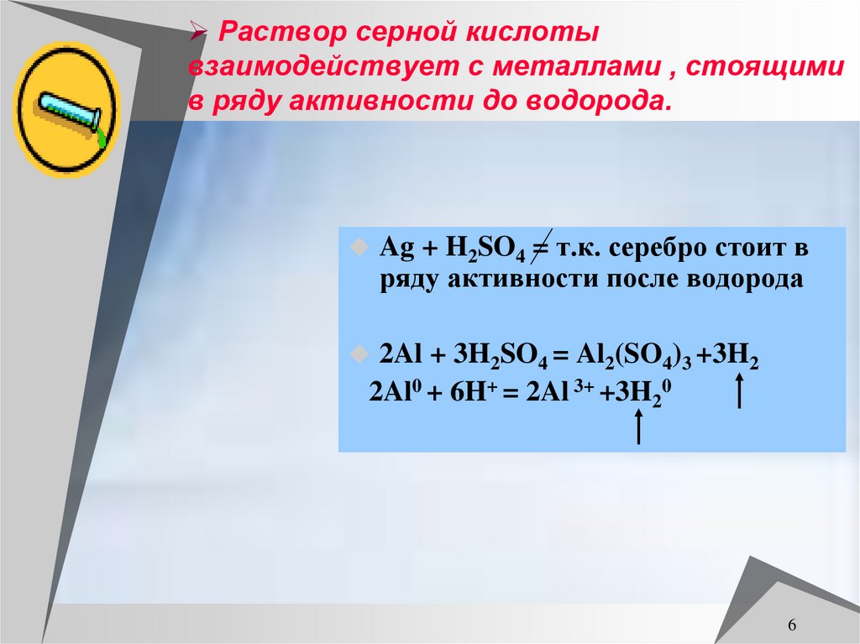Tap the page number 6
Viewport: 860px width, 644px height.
[792, 626]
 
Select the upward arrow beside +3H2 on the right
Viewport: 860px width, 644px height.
[740, 391]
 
